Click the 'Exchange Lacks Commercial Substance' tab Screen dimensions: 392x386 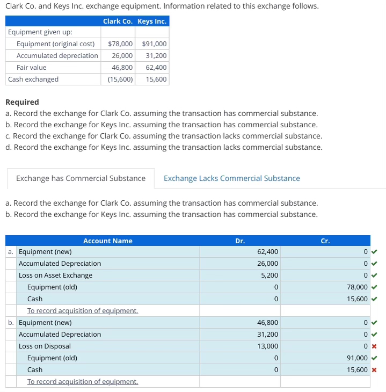point(231,178)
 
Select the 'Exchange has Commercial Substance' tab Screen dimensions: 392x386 point(81,178)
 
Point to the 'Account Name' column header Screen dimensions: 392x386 point(107,241)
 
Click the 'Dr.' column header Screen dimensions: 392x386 point(240,241)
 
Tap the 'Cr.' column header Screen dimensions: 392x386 point(325,241)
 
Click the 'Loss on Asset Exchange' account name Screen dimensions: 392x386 point(55,275)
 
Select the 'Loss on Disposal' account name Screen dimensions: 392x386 point(45,346)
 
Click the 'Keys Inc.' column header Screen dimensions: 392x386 point(152,21)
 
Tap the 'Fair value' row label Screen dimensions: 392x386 point(31,68)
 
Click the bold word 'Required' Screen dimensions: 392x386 point(22,102)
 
